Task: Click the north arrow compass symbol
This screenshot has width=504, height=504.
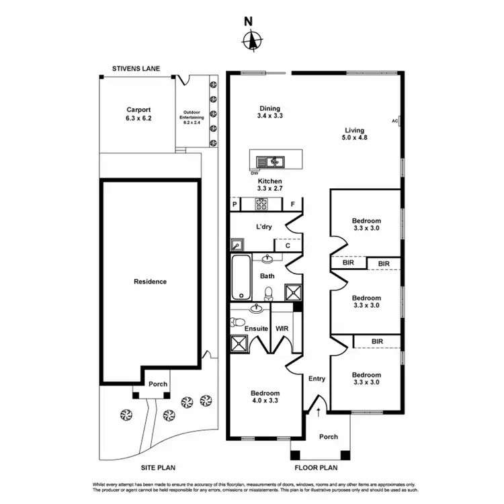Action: coord(252,41)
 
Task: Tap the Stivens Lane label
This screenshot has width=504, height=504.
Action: coord(140,69)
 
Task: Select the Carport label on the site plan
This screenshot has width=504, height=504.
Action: coord(138,114)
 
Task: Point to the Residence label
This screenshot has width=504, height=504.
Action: coord(150,282)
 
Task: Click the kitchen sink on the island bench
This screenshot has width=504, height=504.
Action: coord(274,161)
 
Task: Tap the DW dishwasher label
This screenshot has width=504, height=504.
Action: coord(255,173)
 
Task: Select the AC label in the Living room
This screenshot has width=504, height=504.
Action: coord(394,121)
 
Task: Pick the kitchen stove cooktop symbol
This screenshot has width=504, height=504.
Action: coord(261,204)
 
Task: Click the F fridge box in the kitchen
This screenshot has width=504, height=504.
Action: coord(293,204)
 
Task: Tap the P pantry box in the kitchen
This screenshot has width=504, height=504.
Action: coord(235,204)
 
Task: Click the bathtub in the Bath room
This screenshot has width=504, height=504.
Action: coord(240,277)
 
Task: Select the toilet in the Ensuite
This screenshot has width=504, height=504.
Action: coord(235,323)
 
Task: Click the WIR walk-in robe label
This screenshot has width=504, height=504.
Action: coord(282,329)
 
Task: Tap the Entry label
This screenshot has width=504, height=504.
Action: coord(317,378)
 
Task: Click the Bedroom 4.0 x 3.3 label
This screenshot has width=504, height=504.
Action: coord(265,396)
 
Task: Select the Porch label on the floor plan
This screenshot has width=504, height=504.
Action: coord(328,437)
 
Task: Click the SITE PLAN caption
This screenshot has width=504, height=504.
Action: coord(159,468)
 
